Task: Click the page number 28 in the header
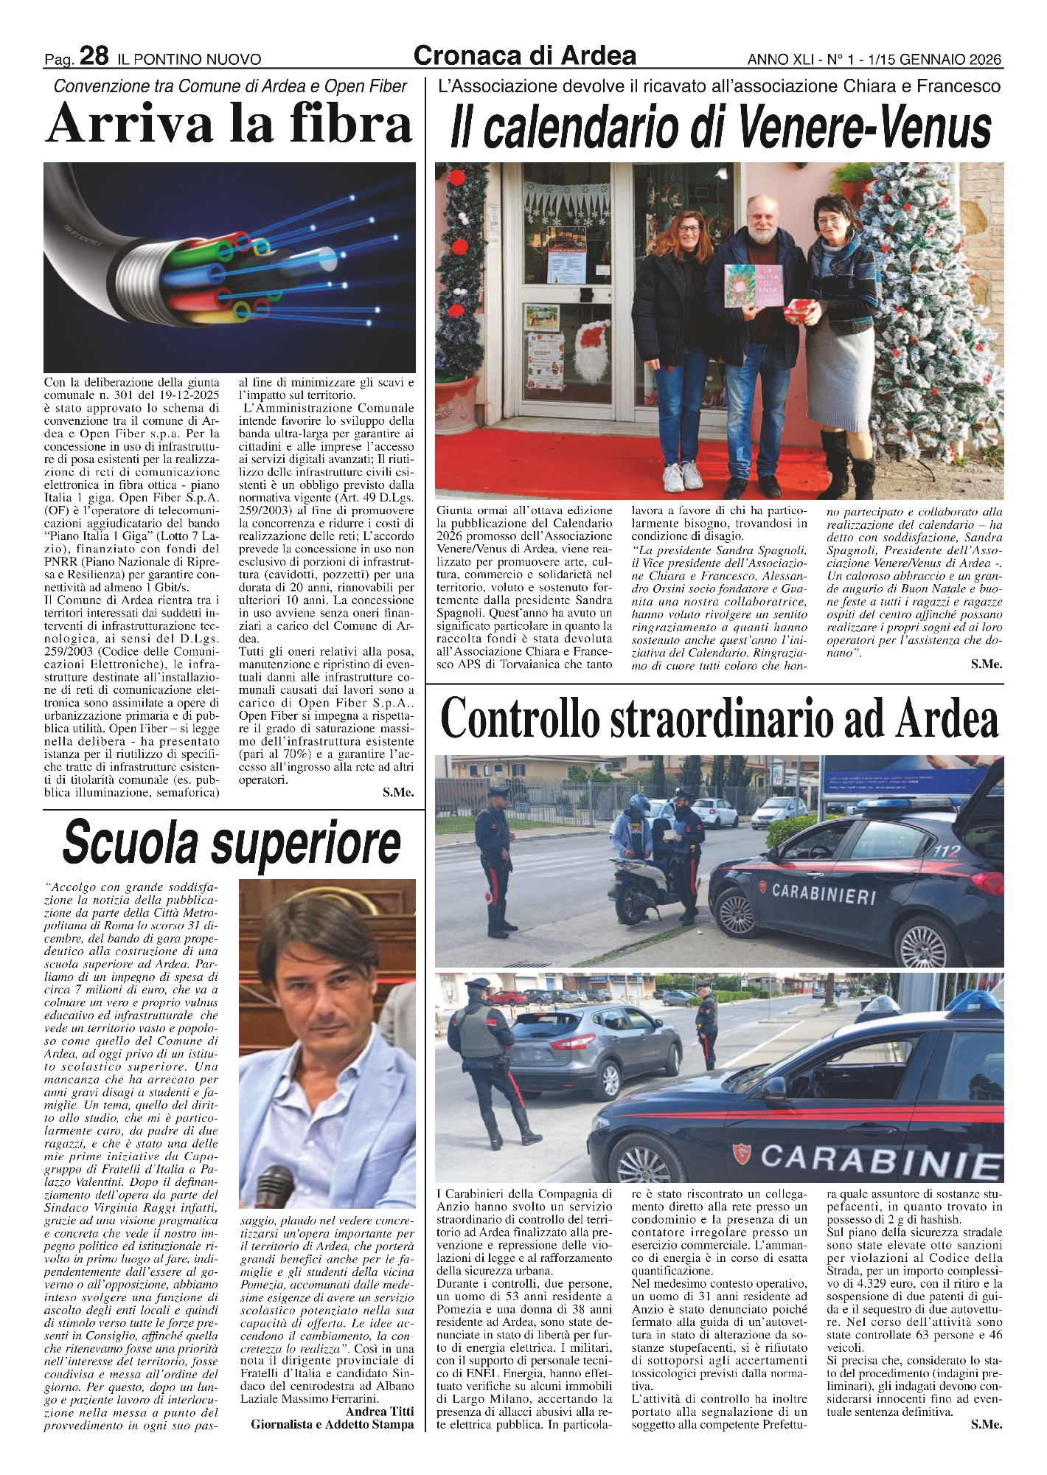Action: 94,56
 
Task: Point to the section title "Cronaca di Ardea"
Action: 525,55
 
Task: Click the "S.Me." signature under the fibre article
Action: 398,793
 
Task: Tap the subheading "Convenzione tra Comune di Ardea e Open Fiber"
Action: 230,87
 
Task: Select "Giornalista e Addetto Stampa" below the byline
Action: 333,1425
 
